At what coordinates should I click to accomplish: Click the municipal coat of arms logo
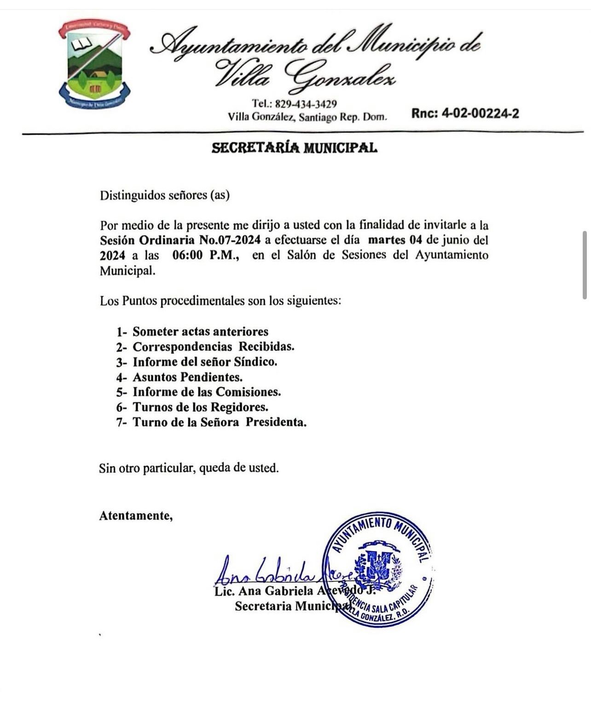pos(94,64)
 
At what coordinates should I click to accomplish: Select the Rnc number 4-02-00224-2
pos(480,114)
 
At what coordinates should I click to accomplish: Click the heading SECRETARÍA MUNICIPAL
pos(295,148)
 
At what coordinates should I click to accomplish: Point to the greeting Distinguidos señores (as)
pos(164,195)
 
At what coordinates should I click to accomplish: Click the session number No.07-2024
pos(230,240)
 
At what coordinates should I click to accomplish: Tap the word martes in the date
pos(387,240)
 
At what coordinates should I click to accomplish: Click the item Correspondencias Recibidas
pos(213,347)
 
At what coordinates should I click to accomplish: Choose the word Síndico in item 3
pos(255,362)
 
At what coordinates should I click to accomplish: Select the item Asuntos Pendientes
pos(187,377)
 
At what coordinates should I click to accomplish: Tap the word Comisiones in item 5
pos(249,392)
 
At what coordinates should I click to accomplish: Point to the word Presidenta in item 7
pos(276,422)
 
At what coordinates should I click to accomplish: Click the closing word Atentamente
pos(136,516)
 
